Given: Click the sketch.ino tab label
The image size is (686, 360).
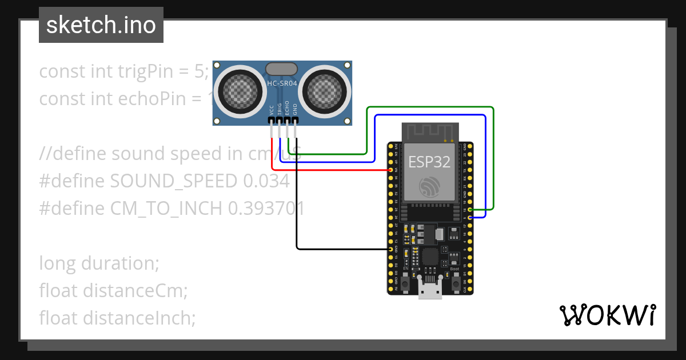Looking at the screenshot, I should [x=101, y=26].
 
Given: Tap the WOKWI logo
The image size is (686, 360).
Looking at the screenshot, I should [x=607, y=315].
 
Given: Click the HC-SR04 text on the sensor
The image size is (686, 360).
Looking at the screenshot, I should [x=282, y=83].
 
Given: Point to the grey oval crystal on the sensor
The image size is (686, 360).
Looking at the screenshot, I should [x=282, y=69].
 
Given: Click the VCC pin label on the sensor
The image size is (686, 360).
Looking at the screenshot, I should [x=271, y=109].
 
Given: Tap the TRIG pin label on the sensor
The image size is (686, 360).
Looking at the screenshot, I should [x=279, y=109].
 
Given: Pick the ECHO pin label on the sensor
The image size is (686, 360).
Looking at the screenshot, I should [x=287, y=109].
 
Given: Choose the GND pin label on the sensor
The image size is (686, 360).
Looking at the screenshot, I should [x=295, y=109].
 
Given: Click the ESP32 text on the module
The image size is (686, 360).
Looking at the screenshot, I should [x=429, y=162].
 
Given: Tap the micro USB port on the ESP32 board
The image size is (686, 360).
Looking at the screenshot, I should [x=430, y=291].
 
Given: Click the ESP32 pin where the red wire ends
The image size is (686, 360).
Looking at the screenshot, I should [x=390, y=170].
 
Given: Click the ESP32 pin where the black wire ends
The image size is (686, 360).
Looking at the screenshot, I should [x=390, y=250].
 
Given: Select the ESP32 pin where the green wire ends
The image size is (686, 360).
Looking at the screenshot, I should [x=469, y=210].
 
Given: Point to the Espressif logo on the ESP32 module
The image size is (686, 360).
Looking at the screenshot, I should [x=429, y=187].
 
